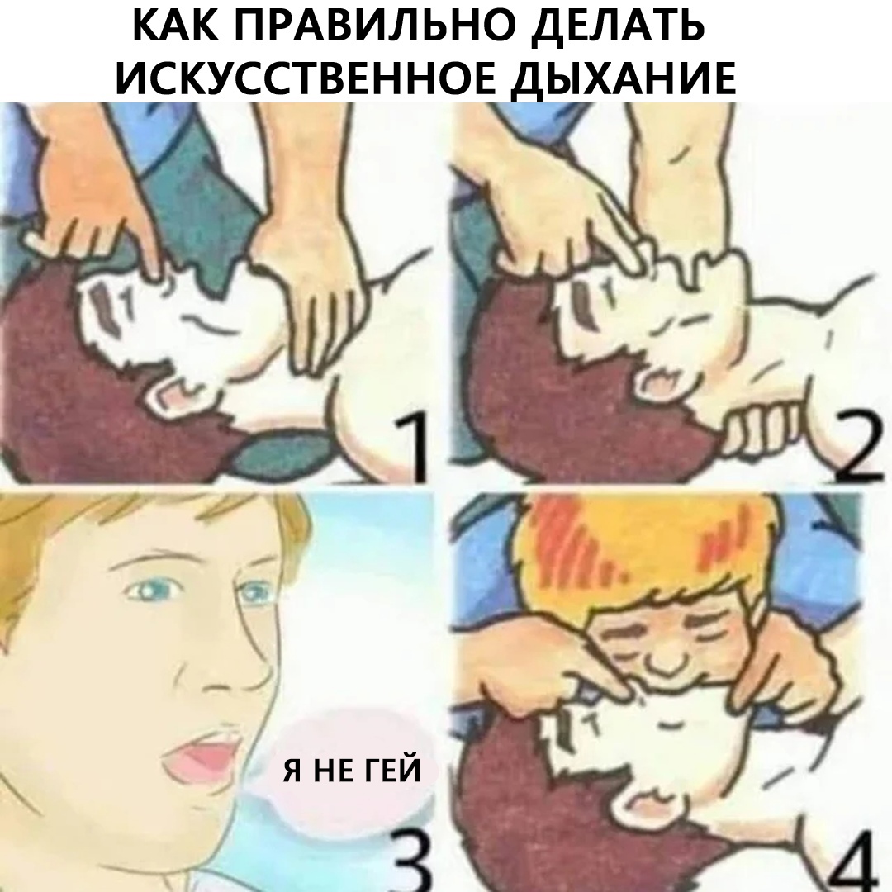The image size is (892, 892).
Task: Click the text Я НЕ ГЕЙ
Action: pyautogui.click(x=352, y=771)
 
